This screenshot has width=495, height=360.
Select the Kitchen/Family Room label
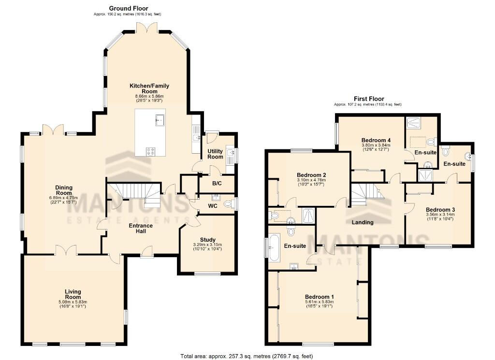pos(149,88)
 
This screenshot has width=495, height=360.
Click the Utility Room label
pos(216,154)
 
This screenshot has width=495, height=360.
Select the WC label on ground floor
pos(212,206)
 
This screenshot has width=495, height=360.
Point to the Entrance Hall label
pos(141,228)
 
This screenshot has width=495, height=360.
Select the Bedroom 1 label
pos(319,297)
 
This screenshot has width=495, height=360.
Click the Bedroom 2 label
pos(311,175)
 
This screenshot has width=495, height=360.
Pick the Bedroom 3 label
pos(440,210)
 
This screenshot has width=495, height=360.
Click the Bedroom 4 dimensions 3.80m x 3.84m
pos(376,145)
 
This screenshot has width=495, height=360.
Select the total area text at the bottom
pos(247,356)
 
